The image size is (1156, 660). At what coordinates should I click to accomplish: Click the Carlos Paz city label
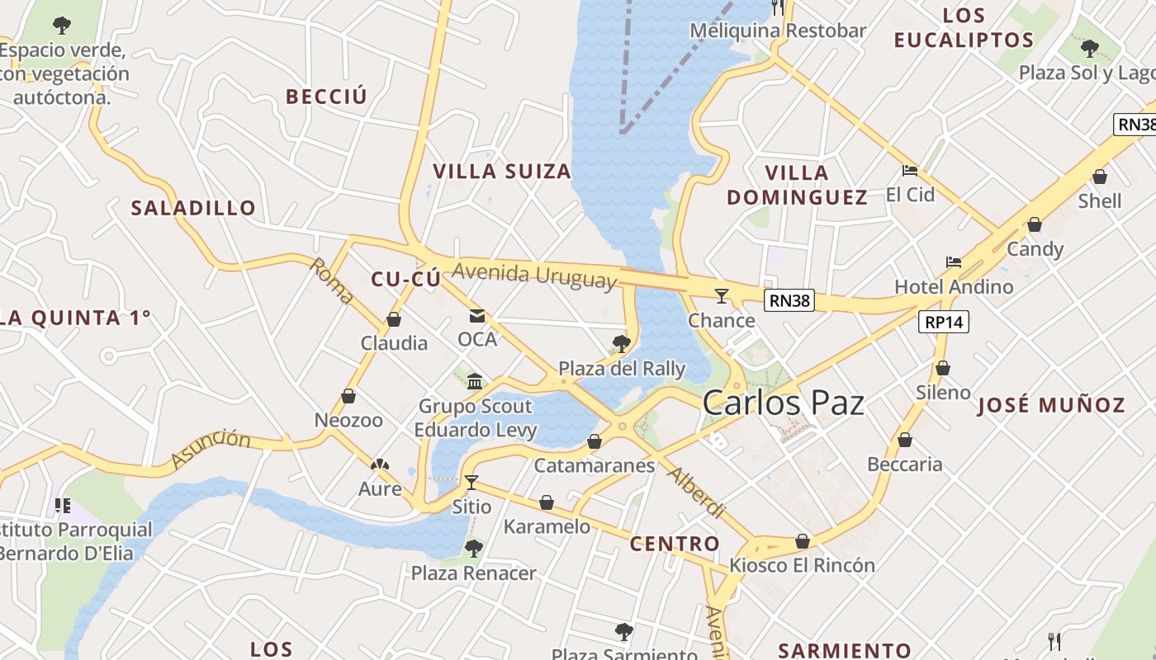click(x=783, y=403)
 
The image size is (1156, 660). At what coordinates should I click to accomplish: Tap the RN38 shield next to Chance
click(x=789, y=300)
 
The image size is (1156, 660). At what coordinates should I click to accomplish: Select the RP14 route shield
click(x=944, y=322)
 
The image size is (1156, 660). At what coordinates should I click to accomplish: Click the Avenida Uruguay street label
click(x=534, y=275)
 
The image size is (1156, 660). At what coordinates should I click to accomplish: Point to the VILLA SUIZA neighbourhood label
click(x=502, y=172)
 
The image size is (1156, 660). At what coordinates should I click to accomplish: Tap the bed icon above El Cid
click(x=910, y=171)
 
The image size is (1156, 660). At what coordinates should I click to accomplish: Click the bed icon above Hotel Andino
click(x=954, y=262)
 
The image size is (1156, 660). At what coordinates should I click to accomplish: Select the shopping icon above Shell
click(x=1100, y=177)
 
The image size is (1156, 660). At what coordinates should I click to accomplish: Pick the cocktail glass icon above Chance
click(x=722, y=295)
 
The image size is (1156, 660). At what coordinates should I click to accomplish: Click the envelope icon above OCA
click(x=477, y=315)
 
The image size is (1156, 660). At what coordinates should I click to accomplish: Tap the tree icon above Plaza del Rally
click(x=622, y=343)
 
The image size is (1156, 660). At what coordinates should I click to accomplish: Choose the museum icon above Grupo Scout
click(x=475, y=381)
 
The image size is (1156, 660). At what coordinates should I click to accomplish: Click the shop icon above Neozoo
click(x=348, y=396)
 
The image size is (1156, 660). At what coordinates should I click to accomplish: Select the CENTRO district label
click(x=675, y=544)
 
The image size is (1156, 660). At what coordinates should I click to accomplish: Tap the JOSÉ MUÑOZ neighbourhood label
click(x=1051, y=405)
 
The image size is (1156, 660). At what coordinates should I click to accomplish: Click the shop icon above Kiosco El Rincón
click(x=802, y=541)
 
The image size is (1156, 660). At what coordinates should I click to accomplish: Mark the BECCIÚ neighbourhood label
click(x=326, y=97)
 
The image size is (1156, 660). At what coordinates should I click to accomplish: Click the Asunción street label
click(x=211, y=448)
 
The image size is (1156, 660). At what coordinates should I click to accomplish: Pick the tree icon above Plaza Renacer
click(x=473, y=548)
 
